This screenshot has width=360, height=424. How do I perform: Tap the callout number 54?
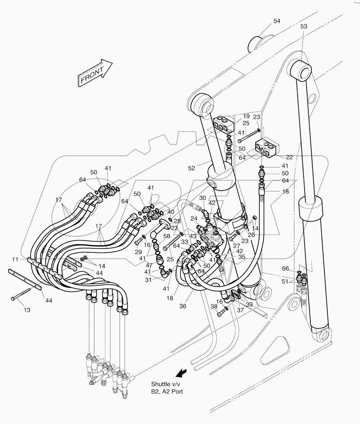(x=277, y=21)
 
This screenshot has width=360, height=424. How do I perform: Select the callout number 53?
(x=304, y=26)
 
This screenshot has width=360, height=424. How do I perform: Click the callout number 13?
(x=27, y=310)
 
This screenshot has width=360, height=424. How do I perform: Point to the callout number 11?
(x=15, y=259)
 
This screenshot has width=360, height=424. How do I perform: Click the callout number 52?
(x=192, y=168)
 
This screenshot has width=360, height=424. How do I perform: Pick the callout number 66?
(x=285, y=268)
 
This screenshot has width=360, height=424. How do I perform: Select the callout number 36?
(x=183, y=306)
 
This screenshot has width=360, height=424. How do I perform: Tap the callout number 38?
(x=214, y=306)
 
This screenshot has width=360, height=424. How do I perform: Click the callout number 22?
(x=289, y=157)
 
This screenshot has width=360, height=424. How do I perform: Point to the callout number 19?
(x=246, y=116)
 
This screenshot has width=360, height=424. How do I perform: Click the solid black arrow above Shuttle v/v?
(x=180, y=373)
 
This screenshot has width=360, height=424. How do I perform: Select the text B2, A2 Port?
(x=167, y=392)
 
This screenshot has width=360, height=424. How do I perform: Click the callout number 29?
(x=138, y=252)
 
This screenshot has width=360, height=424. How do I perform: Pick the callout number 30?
(x=203, y=198)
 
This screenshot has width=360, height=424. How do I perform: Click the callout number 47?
(x=149, y=265)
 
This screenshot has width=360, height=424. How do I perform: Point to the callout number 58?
(x=167, y=236)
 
